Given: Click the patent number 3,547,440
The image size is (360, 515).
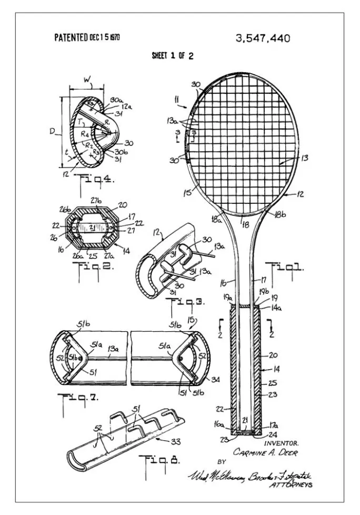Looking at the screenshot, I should [263, 38].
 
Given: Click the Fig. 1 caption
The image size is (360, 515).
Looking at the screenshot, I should [285, 267].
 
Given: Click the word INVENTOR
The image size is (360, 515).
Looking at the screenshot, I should [285, 443].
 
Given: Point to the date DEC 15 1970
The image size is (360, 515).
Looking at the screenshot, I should [105, 37].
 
